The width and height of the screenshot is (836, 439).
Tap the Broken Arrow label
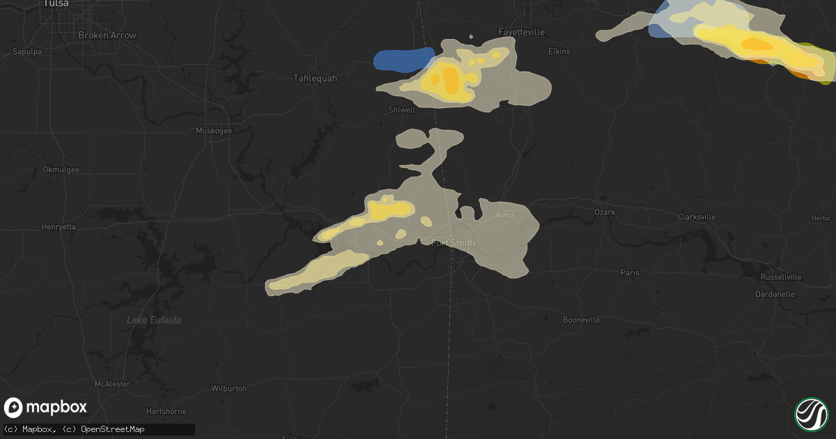pos(107,35)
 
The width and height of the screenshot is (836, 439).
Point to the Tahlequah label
pos(315,78)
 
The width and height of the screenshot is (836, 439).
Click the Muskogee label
pos(214,130)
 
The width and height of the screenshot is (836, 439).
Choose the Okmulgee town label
pos(61,169)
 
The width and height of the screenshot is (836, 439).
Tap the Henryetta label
pos(59,226)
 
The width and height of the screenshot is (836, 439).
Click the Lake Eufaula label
pos(154,320)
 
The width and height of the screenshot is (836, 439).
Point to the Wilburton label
pos(229,388)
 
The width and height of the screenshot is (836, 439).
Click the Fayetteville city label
pos(521,32)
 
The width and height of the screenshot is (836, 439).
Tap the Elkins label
pos(559,52)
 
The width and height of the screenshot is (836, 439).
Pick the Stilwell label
pos(402,109)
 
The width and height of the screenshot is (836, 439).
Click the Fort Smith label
pos(454,243)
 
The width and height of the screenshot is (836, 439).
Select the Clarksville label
pos(697,217)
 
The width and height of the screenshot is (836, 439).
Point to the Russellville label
pos(781,277)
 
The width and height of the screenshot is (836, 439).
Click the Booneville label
pos(582,320)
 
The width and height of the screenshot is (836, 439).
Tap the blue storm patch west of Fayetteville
pos(403,59)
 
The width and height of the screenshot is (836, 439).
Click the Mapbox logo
pos(46,408)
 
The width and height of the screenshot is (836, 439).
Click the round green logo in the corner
pos(811,413)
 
